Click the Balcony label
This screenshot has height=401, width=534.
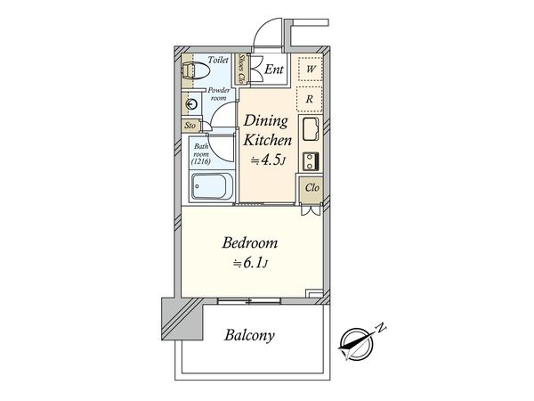tap(249, 337)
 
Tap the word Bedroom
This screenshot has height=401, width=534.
tap(250, 242)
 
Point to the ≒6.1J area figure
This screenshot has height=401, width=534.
tap(251, 263)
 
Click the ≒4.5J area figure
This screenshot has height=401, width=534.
tap(267, 161)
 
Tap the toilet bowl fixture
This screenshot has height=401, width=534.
tap(189, 70)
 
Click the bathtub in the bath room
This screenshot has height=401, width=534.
tap(211, 188)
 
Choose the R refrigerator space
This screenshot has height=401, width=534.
tap(309, 98)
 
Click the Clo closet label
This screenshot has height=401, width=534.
tap(312, 188)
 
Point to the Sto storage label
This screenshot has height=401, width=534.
tap(190, 127)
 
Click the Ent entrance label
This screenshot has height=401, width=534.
tap(273, 70)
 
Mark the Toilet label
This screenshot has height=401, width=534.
tap(216, 60)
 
